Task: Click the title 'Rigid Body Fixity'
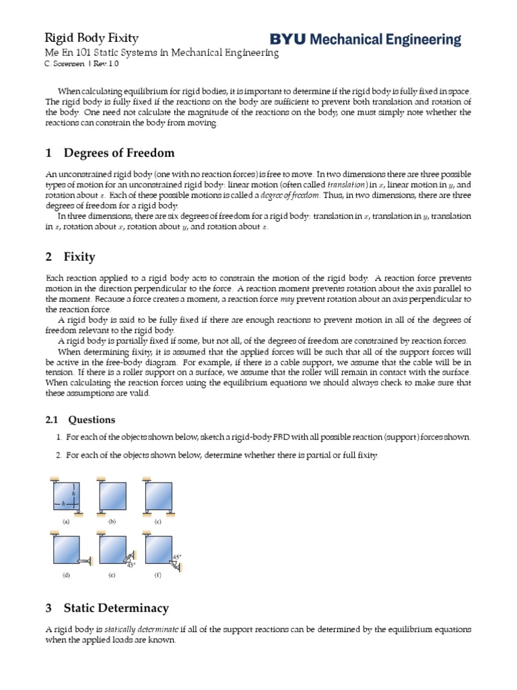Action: (x=92, y=38)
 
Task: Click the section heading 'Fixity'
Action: (x=79, y=257)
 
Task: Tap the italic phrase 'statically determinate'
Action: (x=142, y=629)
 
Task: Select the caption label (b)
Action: (x=112, y=522)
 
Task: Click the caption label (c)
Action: (x=158, y=522)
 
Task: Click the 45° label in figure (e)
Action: (x=131, y=565)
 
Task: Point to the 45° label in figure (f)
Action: (x=176, y=557)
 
